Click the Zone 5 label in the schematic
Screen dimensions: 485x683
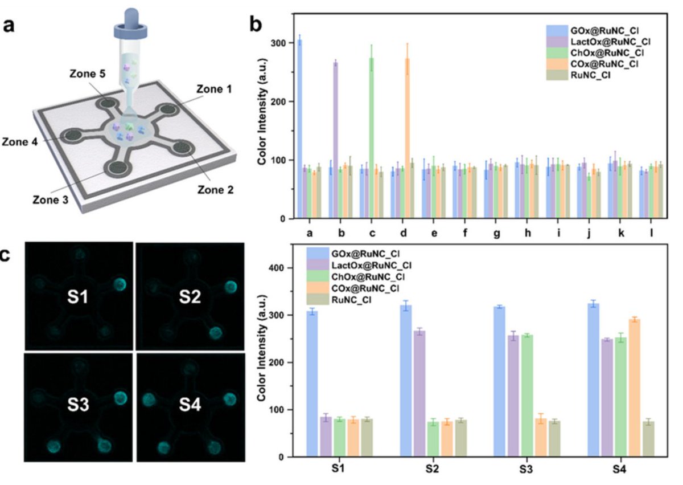(x=86, y=75)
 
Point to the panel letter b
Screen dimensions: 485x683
(x=257, y=26)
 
